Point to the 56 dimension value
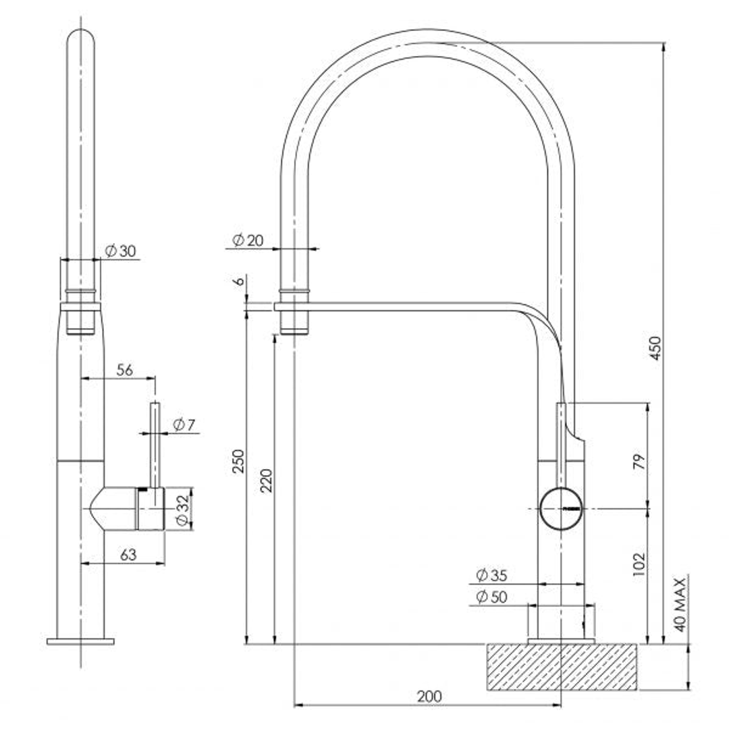click(x=124, y=369)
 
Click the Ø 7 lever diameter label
click(x=184, y=425)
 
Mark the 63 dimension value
click(x=128, y=554)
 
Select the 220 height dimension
click(x=267, y=480)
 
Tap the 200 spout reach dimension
click(x=429, y=696)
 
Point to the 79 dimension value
click(x=639, y=462)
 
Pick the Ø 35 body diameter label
click(x=491, y=575)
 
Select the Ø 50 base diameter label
click(x=491, y=597)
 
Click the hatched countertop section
click(x=562, y=667)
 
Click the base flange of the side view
click(x=80, y=641)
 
